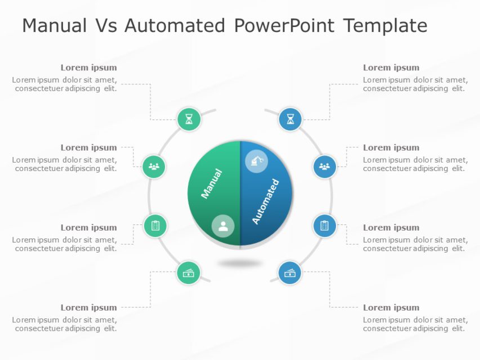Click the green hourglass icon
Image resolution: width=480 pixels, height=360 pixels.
click(189, 119)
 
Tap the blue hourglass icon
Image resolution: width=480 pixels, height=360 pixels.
click(290, 119)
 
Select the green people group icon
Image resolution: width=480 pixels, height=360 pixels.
click(154, 166)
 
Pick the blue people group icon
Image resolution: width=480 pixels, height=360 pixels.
click(324, 166)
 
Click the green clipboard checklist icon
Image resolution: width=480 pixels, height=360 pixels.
click(155, 226)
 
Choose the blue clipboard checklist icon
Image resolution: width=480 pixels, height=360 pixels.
click(325, 226)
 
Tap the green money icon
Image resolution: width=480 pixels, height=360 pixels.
click(189, 273)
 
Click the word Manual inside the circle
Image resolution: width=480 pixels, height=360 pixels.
click(212, 183)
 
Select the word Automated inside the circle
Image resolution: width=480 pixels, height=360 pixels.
click(266, 201)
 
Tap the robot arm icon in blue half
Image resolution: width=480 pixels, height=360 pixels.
click(257, 161)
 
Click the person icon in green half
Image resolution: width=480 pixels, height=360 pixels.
click(223, 226)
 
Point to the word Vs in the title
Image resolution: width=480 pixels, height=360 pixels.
click(105, 26)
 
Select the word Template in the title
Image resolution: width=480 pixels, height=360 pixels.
click(385, 26)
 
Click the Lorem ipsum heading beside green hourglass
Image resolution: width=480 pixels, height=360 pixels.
click(89, 67)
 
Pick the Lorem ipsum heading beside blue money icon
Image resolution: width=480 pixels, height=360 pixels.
click(391, 308)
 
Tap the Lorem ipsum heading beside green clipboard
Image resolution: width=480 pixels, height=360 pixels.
click(89, 228)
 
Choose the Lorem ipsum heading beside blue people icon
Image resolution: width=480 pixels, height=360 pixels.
click(391, 148)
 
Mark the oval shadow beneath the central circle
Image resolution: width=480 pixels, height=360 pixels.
click(240, 263)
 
